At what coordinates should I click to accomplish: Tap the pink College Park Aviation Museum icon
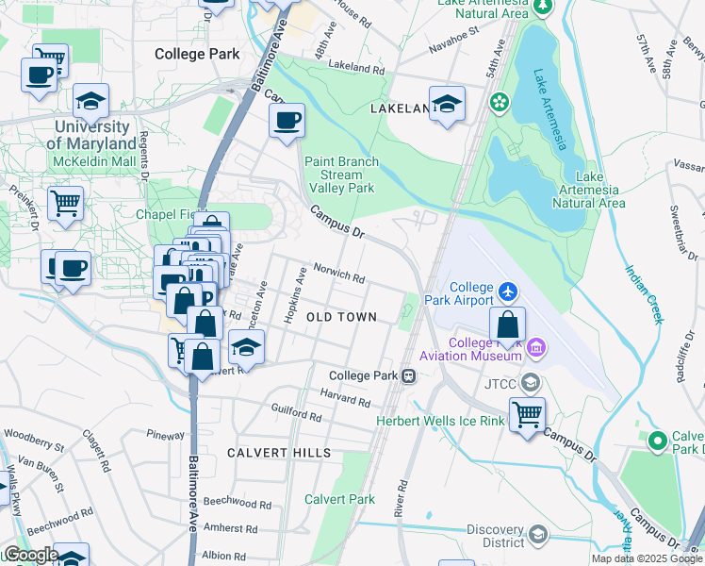coord(536,349)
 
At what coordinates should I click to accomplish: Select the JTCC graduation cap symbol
coord(531,382)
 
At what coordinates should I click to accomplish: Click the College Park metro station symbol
coord(409,375)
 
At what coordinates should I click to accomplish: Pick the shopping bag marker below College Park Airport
coord(507,325)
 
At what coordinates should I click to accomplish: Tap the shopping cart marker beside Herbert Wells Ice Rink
coord(527,413)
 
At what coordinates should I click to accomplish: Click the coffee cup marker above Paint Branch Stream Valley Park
coord(287,121)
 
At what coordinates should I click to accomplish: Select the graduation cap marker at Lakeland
coord(447,104)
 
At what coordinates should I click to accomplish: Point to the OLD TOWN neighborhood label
coord(341,318)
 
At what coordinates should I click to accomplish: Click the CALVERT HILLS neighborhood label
coord(279,453)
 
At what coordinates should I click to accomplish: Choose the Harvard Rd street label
coord(345,397)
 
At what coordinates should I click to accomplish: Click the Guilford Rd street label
coord(298,413)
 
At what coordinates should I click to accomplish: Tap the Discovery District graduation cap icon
coord(537,535)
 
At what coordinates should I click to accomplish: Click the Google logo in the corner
coord(30,555)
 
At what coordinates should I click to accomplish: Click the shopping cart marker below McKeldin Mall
coord(65,203)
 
